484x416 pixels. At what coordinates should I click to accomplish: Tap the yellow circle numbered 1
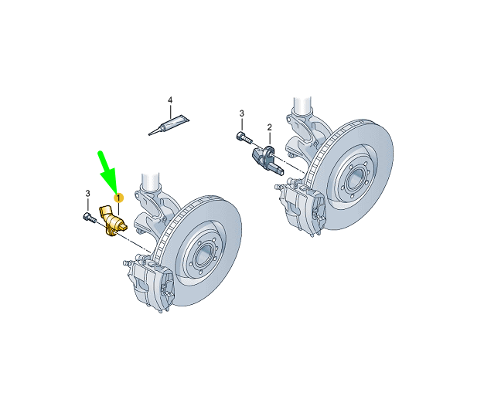(x=119, y=198)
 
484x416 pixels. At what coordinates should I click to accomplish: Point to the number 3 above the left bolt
(x=87, y=193)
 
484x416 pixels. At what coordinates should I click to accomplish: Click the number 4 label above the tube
(x=171, y=100)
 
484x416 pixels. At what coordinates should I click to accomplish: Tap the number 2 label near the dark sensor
(x=269, y=127)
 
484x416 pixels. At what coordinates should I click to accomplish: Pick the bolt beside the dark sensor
(x=242, y=139)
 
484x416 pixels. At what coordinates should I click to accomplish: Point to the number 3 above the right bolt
(x=241, y=114)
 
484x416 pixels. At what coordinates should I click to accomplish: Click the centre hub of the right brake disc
(x=353, y=177)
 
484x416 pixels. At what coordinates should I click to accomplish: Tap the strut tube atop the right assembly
(x=301, y=108)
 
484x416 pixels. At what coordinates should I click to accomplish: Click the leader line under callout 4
(x=171, y=110)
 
